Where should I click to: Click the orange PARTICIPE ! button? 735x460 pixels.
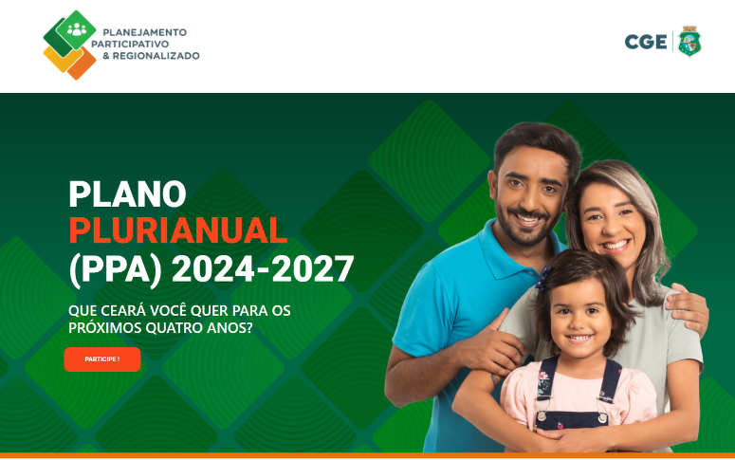point(102,359)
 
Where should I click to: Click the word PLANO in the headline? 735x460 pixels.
point(127,193)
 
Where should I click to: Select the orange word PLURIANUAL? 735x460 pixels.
point(177,230)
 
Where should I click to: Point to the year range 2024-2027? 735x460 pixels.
point(263,269)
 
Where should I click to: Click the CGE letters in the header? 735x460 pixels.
point(646,42)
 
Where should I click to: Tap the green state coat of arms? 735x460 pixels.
point(689,42)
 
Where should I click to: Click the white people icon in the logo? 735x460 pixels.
point(77,30)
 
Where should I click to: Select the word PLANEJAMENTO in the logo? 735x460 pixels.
point(144,32)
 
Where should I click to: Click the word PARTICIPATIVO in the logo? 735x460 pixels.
point(130,44)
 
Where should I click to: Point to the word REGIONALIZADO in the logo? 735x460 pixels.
point(156,56)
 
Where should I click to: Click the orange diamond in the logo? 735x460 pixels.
point(82,64)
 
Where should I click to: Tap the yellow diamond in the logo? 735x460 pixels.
point(61,59)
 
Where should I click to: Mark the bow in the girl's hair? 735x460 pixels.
point(543,278)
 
